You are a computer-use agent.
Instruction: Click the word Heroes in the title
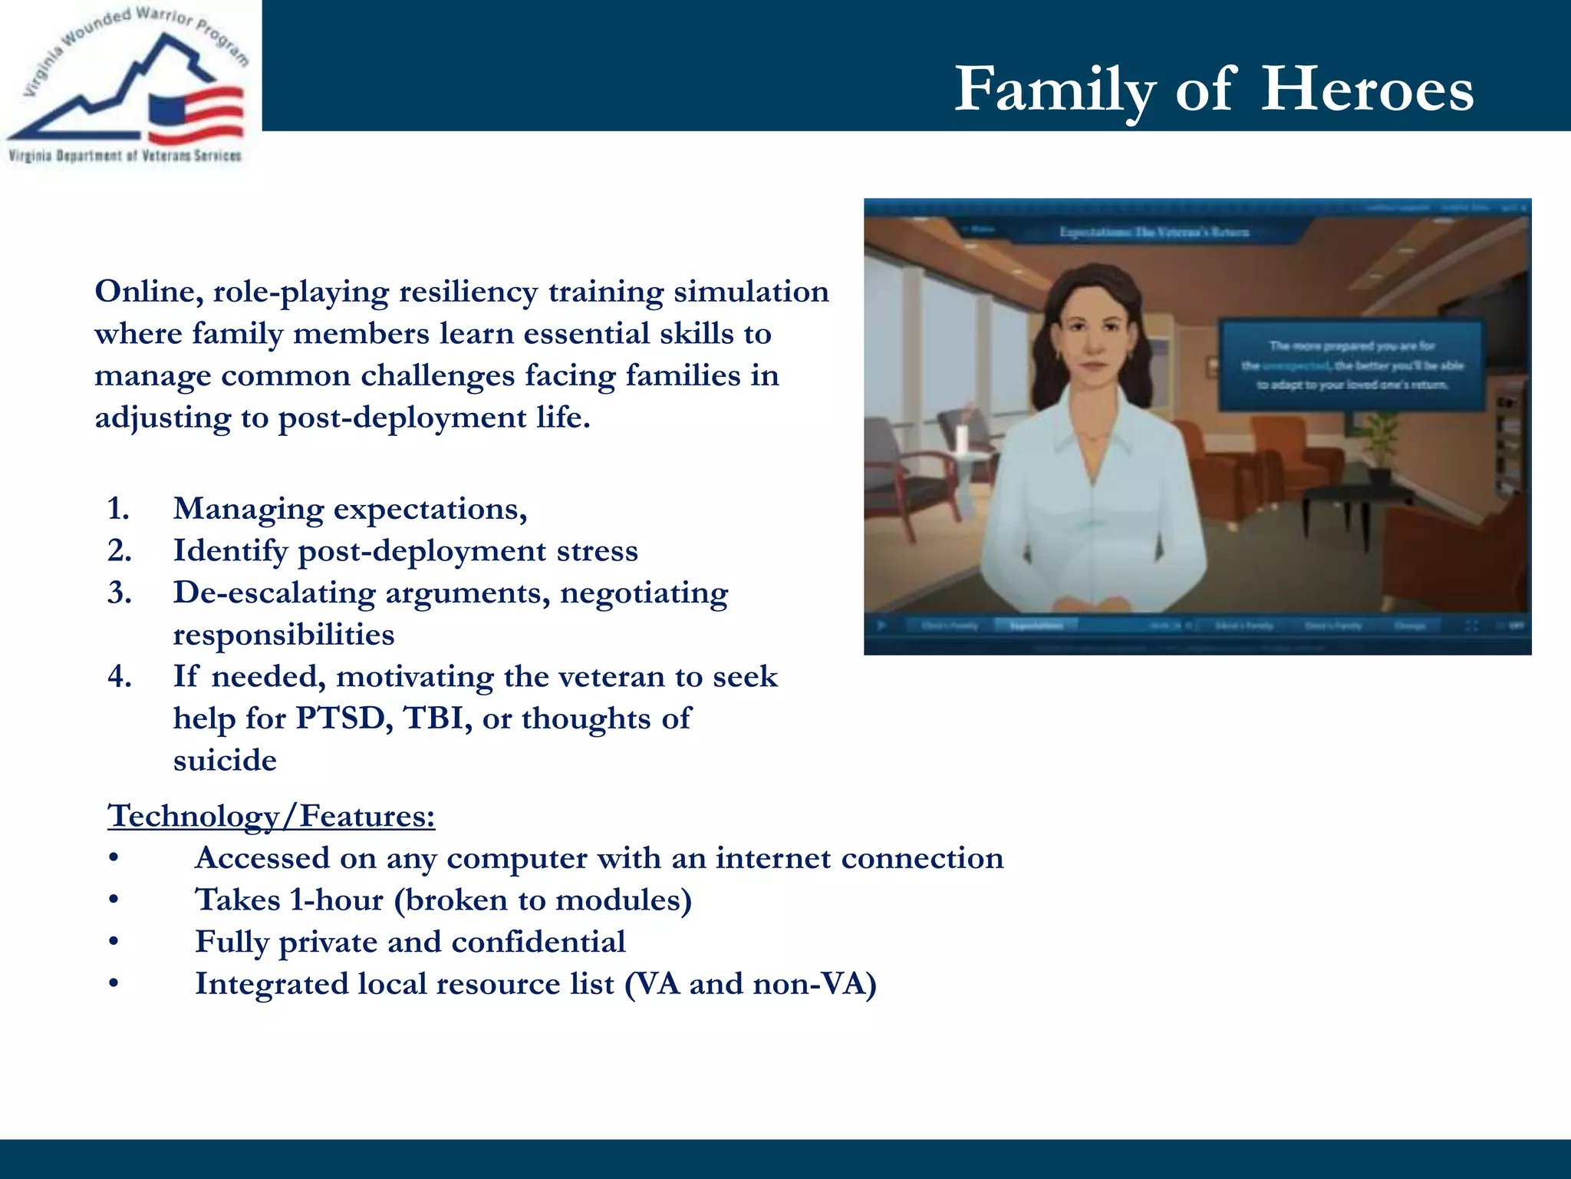click(x=1366, y=90)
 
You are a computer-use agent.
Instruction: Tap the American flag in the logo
click(x=196, y=115)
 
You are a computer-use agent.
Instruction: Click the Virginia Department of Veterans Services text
click(x=125, y=156)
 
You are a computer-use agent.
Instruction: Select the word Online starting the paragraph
click(x=148, y=292)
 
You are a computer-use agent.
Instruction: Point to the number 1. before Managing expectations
click(x=118, y=509)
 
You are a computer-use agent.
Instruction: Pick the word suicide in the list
click(x=225, y=761)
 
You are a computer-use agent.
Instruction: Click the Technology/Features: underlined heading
click(x=272, y=816)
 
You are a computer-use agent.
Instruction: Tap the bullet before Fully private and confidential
click(x=114, y=943)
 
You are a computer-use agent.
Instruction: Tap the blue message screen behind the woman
click(x=1350, y=365)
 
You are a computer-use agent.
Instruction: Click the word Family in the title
click(x=1054, y=90)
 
